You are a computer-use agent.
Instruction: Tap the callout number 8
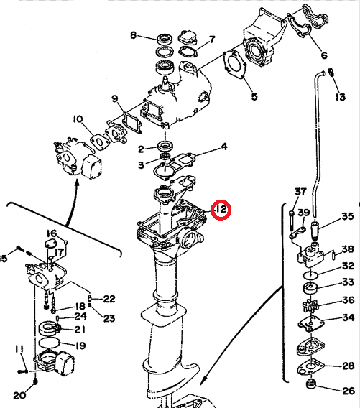pos(133,35)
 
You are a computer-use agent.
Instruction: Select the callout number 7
pos(211,39)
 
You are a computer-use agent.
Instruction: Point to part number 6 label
pos(323,55)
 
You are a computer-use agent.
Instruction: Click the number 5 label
pos(253,96)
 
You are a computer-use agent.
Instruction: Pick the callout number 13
pos(339,96)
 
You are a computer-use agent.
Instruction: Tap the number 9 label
pos(114,98)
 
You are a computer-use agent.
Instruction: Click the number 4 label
pos(223,147)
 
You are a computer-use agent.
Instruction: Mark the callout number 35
pos(347,216)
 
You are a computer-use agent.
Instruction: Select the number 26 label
pos(348,391)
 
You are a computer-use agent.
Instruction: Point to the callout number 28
pos(348,366)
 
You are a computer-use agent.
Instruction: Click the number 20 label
pos(19,395)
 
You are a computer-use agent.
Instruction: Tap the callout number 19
pos(80,346)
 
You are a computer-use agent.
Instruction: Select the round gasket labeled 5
pos(234,64)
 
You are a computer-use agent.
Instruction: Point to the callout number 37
pos(300,192)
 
